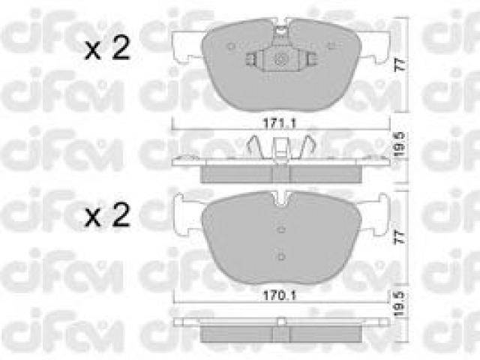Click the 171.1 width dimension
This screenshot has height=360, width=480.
click(x=280, y=123)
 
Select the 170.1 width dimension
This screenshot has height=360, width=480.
click(x=280, y=295)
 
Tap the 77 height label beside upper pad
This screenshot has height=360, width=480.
click(x=400, y=65)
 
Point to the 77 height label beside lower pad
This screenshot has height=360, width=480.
click(x=400, y=238)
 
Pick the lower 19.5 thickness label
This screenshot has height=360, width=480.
click(x=399, y=304)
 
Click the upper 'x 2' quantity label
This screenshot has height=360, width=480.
click(x=107, y=48)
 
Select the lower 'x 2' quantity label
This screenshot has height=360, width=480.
click(x=107, y=215)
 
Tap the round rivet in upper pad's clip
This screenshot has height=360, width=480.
click(x=280, y=59)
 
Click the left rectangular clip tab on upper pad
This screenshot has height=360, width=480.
click(x=252, y=59)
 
